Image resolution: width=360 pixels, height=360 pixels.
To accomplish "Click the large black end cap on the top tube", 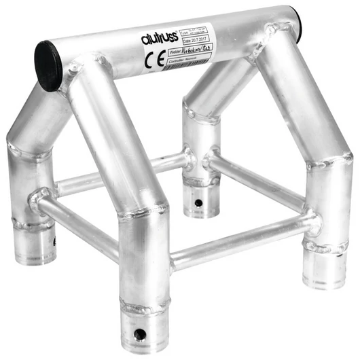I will tap(49, 65).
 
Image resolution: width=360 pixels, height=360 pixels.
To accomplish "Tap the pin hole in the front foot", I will tap(141, 334).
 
